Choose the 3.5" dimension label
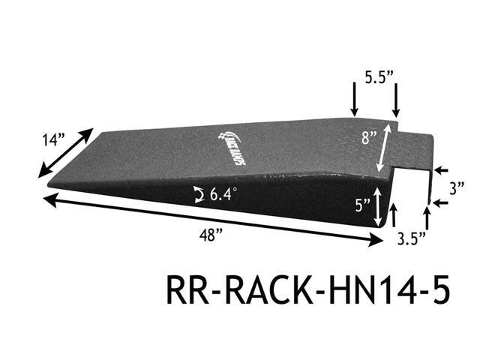coord(412,239)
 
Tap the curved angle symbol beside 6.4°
coord(198,196)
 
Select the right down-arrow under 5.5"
coord(395,103)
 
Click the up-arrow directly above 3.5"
coord(427,217)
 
